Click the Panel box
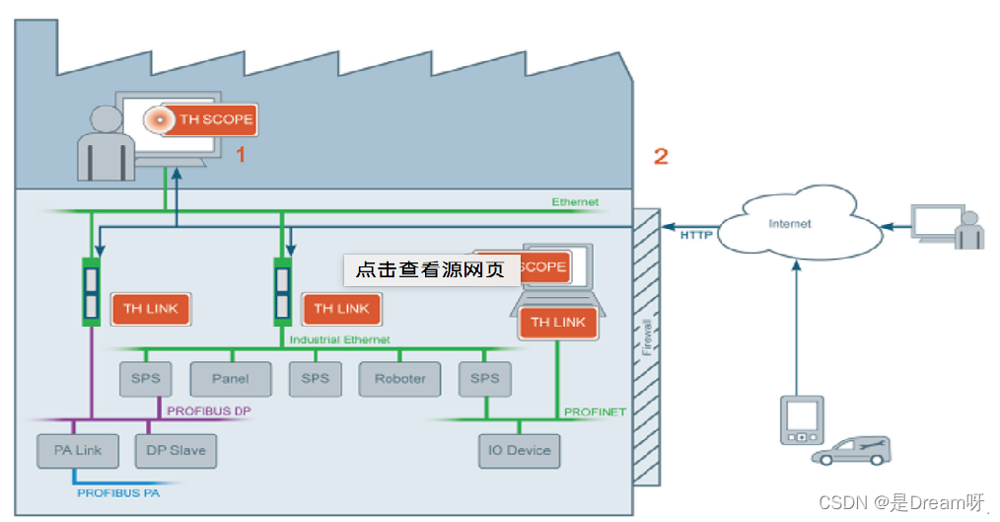point(231,378)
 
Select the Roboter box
point(399,378)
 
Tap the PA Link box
point(77,450)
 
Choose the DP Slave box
point(175,450)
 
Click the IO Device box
point(519,450)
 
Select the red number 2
point(661,155)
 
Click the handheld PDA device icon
point(801,420)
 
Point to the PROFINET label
point(595,410)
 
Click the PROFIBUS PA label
point(117,491)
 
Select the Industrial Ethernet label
point(339,339)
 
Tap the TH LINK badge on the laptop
point(558,323)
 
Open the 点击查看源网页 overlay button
point(432,269)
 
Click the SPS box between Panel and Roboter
point(315,378)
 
